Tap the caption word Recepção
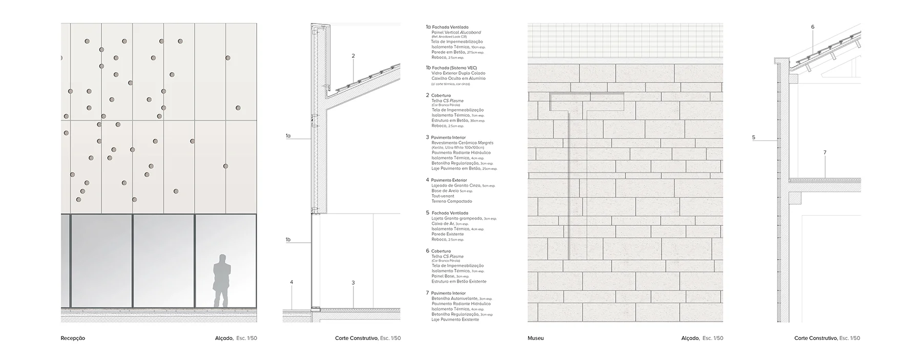(x=73, y=338)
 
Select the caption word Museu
(x=535, y=338)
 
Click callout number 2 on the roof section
(x=353, y=56)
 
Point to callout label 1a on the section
(x=288, y=136)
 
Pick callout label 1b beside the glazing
(x=288, y=240)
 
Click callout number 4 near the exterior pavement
(x=291, y=282)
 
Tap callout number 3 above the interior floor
(x=353, y=283)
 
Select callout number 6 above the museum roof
(x=812, y=27)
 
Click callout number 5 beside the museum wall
(x=753, y=137)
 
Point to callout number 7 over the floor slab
(x=825, y=153)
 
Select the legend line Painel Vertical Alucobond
(x=456, y=32)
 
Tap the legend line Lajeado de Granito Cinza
(x=456, y=185)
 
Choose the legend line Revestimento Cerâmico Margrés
(x=462, y=143)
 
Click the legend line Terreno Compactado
(x=451, y=201)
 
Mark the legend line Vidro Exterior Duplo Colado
(x=458, y=73)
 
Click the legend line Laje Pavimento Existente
(x=455, y=320)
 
